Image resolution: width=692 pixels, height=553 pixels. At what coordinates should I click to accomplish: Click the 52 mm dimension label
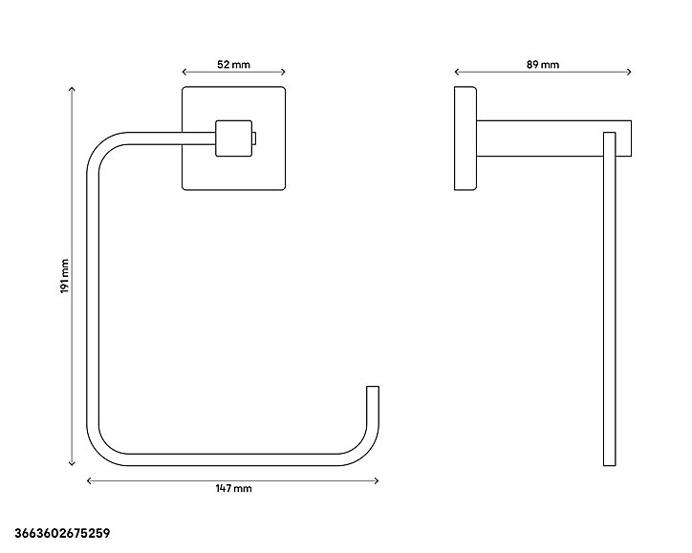click(233, 65)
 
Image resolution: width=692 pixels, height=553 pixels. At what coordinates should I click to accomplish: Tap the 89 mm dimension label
click(542, 65)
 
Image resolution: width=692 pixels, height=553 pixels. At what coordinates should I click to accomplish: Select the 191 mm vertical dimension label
click(65, 276)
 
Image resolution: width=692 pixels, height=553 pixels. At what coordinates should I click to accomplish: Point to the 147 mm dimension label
click(233, 488)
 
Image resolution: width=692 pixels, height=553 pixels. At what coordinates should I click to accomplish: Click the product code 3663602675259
click(62, 533)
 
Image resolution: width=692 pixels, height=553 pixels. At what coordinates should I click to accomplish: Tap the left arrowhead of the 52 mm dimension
click(184, 72)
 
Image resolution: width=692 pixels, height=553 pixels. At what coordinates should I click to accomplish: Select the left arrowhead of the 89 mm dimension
click(456, 72)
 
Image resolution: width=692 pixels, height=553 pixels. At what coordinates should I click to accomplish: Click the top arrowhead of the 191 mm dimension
click(72, 88)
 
